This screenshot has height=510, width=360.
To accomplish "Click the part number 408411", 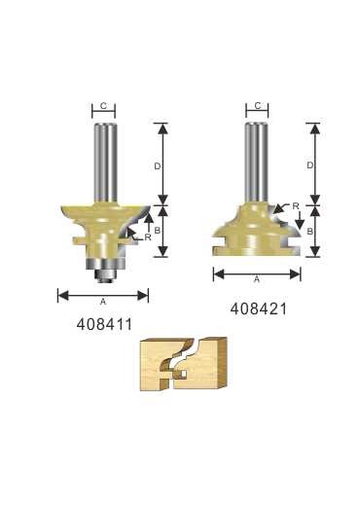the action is [104, 324].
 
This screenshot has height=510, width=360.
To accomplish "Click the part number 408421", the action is [259, 309].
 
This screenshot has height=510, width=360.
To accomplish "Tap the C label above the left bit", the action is [103, 106].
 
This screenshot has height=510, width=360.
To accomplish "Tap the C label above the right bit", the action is [258, 105].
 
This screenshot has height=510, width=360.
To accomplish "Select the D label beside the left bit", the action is [158, 166].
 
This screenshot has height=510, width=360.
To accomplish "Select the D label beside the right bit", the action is [310, 165].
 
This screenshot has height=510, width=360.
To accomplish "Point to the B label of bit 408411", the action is [157, 231].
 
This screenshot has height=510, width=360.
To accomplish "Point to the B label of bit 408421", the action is [310, 232].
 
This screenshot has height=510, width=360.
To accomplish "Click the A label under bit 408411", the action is [103, 302].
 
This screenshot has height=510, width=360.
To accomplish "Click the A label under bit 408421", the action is [257, 279].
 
